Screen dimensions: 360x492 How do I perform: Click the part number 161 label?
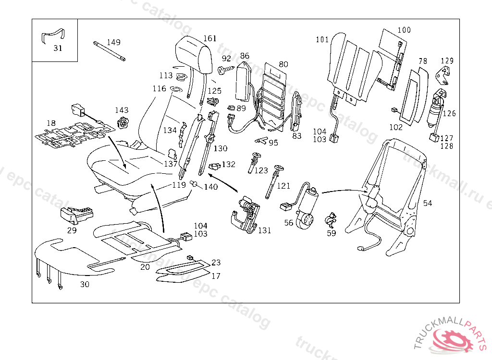click(210, 39)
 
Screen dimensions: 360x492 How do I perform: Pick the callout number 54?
click(428, 204)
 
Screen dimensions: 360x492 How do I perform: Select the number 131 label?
click(265, 230)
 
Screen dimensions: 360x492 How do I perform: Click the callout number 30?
click(85, 284)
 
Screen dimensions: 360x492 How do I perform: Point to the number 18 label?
click(51, 124)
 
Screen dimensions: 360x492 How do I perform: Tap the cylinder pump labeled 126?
click(437, 111)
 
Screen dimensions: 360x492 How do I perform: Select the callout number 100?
click(404, 30)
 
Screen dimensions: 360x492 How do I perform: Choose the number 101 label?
click(322, 39)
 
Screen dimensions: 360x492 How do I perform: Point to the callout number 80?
click(283, 64)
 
